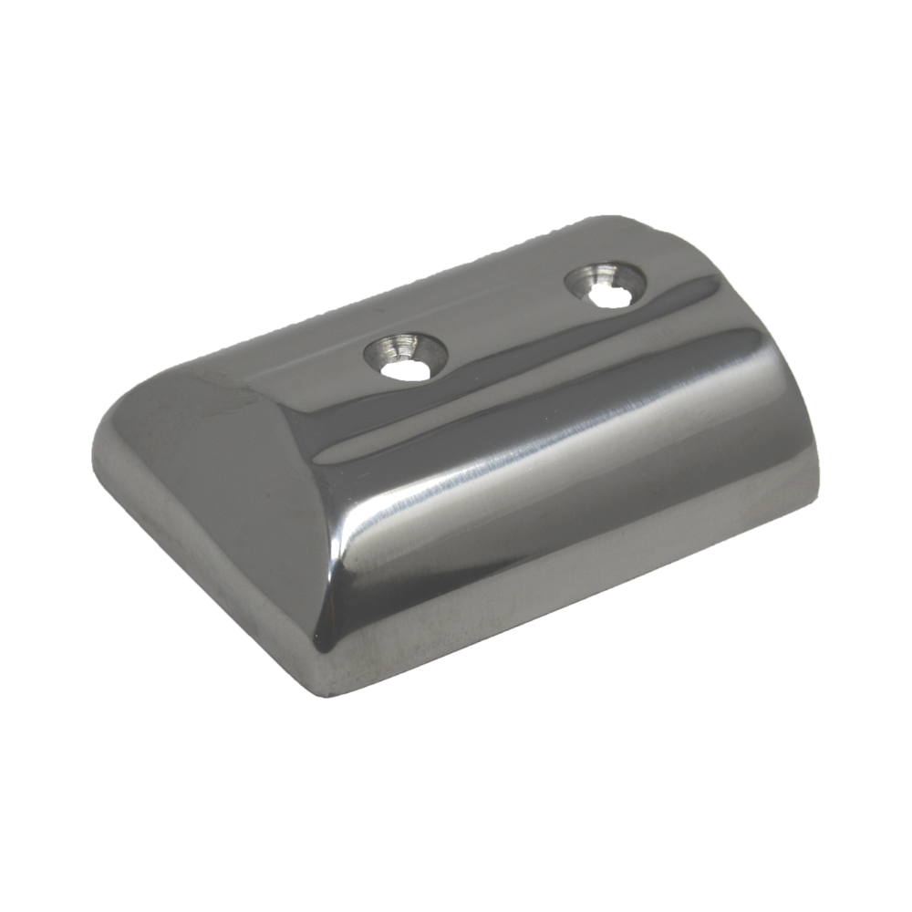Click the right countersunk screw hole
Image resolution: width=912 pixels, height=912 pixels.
tap(606, 284)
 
